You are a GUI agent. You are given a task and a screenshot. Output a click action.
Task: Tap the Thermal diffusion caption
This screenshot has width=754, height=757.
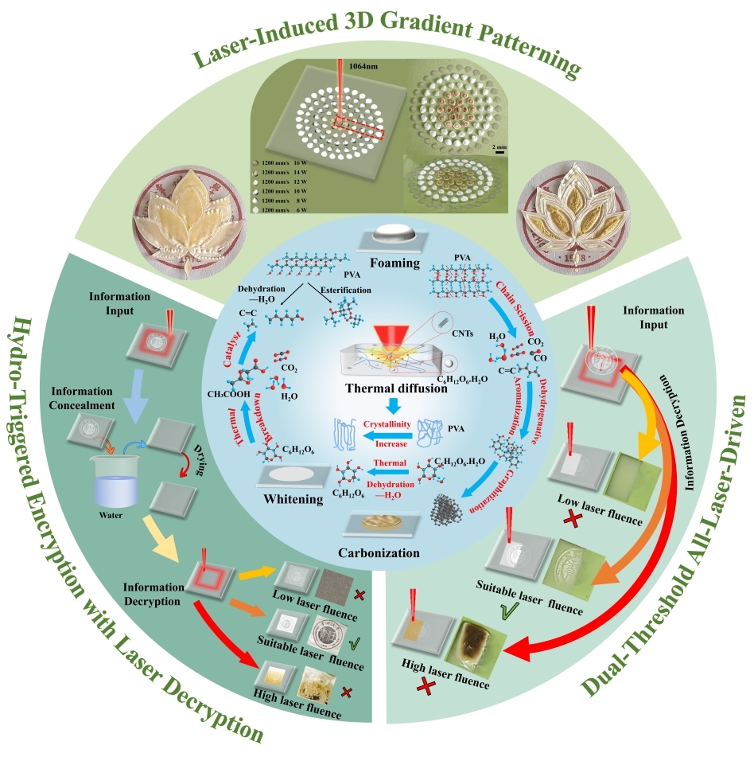pos(381,388)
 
